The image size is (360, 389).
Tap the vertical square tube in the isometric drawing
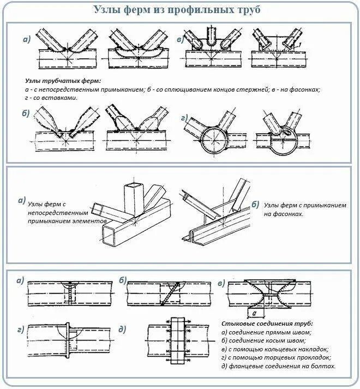click(x=133, y=202)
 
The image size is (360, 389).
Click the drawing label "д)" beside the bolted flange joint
click(x=122, y=329)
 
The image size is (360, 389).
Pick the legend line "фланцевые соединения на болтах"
click(x=278, y=366)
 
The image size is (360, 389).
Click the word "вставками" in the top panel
click(x=61, y=98)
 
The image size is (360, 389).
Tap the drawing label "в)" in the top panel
click(x=179, y=39)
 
